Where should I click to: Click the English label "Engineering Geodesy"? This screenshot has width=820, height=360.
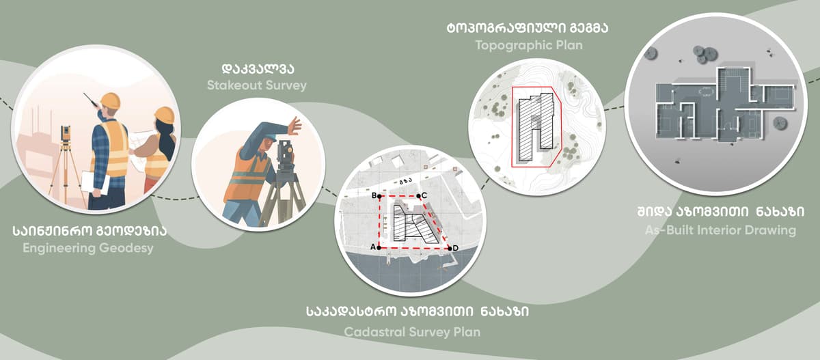click(x=88, y=248)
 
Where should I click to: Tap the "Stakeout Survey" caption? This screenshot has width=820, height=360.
click(x=257, y=85)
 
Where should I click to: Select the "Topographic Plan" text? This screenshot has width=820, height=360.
click(x=529, y=45)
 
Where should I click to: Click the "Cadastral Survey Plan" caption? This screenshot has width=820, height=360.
click(x=412, y=332)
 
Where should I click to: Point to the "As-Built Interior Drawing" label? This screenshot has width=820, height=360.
click(x=720, y=230)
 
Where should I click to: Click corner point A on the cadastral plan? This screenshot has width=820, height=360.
click(x=379, y=248)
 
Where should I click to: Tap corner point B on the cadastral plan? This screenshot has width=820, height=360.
click(x=379, y=197)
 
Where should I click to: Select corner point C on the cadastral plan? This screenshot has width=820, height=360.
click(x=419, y=196)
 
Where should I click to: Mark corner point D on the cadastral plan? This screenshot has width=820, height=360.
click(x=450, y=249)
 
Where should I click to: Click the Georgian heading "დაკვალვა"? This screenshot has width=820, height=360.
click(x=258, y=68)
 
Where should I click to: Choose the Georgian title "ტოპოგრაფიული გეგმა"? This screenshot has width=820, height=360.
click(x=528, y=27)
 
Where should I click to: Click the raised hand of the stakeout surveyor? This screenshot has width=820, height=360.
click(x=295, y=126)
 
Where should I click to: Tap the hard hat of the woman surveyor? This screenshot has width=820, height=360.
click(x=165, y=115)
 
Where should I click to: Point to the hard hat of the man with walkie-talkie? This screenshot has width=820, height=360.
click(x=110, y=100)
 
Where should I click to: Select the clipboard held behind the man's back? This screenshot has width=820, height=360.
click(x=95, y=182)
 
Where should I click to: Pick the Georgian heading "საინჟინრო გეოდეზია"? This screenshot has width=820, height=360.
click(x=90, y=230)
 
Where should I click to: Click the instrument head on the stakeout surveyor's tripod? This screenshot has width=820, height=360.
click(x=285, y=153)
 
